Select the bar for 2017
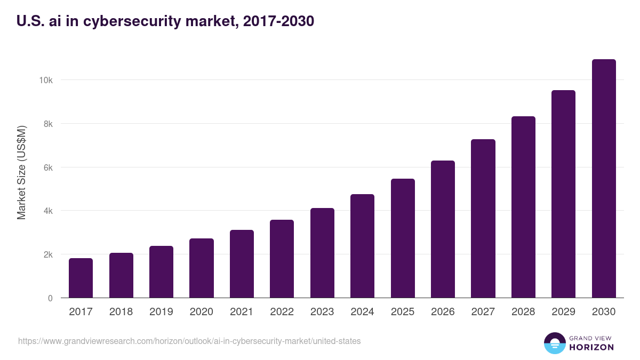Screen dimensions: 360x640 pyautogui.click(x=81, y=278)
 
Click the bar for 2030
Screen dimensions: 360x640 pyautogui.click(x=604, y=179)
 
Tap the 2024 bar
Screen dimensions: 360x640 pyautogui.click(x=362, y=246)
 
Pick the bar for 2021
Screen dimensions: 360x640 pyautogui.click(x=242, y=264)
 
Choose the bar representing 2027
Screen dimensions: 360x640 pyautogui.click(x=483, y=219)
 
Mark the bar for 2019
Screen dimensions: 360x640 pyautogui.click(x=161, y=272)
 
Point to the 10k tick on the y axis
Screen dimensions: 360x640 pyautogui.click(x=45, y=80)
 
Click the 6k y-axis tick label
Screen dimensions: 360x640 pyautogui.click(x=47, y=167)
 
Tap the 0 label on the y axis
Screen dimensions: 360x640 pyautogui.click(x=50, y=298)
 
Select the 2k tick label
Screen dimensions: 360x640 pyautogui.click(x=47, y=254)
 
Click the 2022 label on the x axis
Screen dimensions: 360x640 pyautogui.click(x=282, y=312)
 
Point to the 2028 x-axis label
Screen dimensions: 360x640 pyautogui.click(x=523, y=312)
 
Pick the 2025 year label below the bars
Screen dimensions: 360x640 pyautogui.click(x=403, y=312)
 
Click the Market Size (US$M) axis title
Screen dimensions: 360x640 pyautogui.click(x=21, y=172)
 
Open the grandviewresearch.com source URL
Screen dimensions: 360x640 pyautogui.click(x=189, y=341)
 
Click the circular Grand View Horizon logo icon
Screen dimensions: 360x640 pyautogui.click(x=554, y=343)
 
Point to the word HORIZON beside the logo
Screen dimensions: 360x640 pyautogui.click(x=591, y=347)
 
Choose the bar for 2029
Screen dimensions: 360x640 pyautogui.click(x=563, y=194)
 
